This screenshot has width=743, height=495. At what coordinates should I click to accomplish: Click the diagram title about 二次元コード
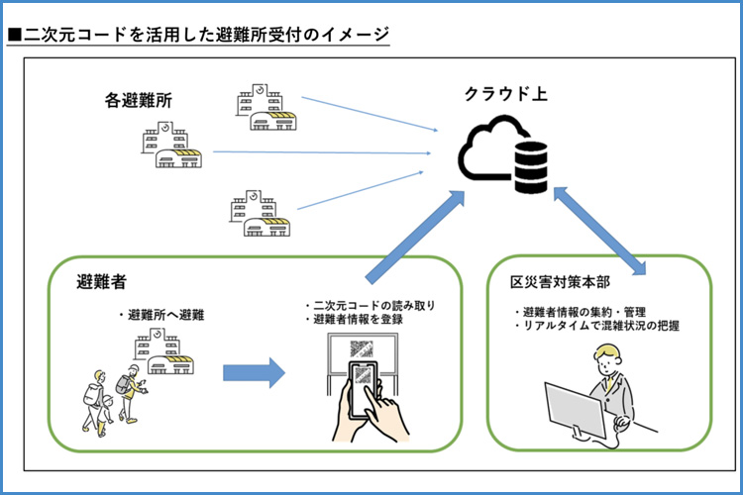click(198, 35)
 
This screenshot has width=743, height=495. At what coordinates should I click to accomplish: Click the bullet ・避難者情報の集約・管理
click(580, 312)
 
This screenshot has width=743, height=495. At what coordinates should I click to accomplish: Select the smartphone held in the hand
click(365, 381)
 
